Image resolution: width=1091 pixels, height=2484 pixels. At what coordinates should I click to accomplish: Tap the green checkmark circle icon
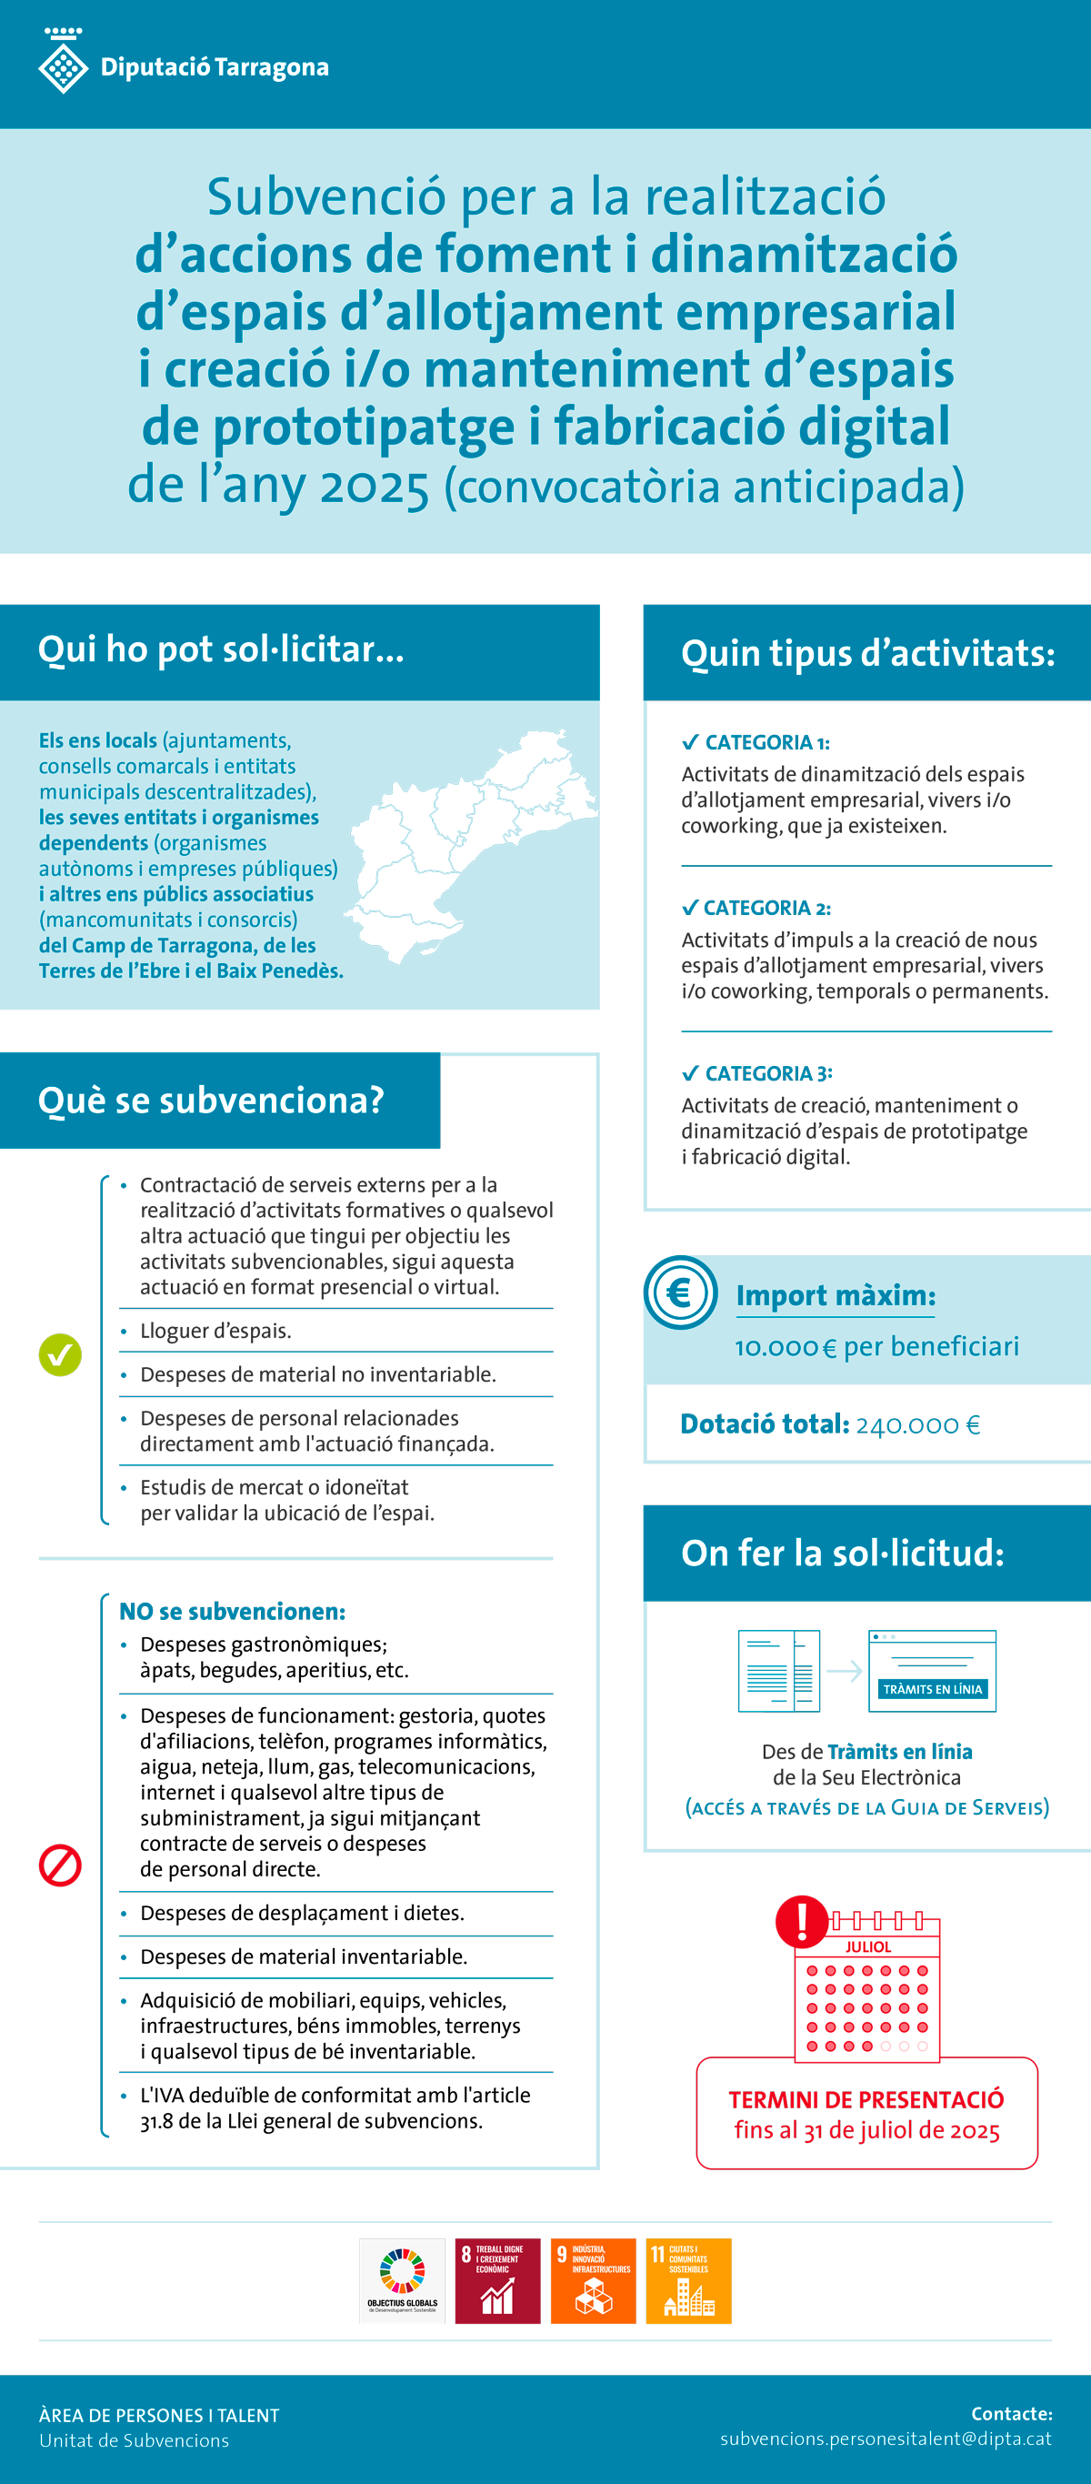coord(60,1355)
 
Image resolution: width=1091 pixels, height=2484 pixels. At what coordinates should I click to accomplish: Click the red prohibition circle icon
coord(60,1865)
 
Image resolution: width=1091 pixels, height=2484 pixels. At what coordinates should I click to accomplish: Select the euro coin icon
coord(680,1292)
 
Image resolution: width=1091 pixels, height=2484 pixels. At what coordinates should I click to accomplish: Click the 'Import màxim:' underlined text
coord(836,1295)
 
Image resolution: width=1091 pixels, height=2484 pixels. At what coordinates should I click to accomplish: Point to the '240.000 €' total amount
coord(917,1424)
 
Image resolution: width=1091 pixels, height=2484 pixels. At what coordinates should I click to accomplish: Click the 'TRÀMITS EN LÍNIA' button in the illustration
coord(932,1689)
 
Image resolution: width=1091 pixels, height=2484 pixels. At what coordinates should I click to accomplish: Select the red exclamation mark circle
coord(802,1920)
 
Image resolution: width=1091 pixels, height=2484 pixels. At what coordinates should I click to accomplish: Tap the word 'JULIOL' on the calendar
coord(867,1946)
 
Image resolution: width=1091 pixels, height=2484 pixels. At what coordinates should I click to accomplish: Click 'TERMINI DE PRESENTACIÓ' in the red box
coord(866,2099)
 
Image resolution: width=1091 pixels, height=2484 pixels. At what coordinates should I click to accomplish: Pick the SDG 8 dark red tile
coord(497,2280)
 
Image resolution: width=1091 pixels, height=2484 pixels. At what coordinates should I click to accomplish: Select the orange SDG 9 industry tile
coord(593,2280)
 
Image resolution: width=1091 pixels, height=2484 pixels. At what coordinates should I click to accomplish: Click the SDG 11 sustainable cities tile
coord(688,2280)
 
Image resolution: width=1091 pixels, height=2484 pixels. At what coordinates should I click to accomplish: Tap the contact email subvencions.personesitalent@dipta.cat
coord(886,2439)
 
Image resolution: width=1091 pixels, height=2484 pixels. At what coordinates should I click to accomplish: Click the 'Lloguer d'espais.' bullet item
coord(215,1331)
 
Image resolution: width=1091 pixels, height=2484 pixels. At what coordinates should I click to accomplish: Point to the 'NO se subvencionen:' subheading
coord(232,1612)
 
